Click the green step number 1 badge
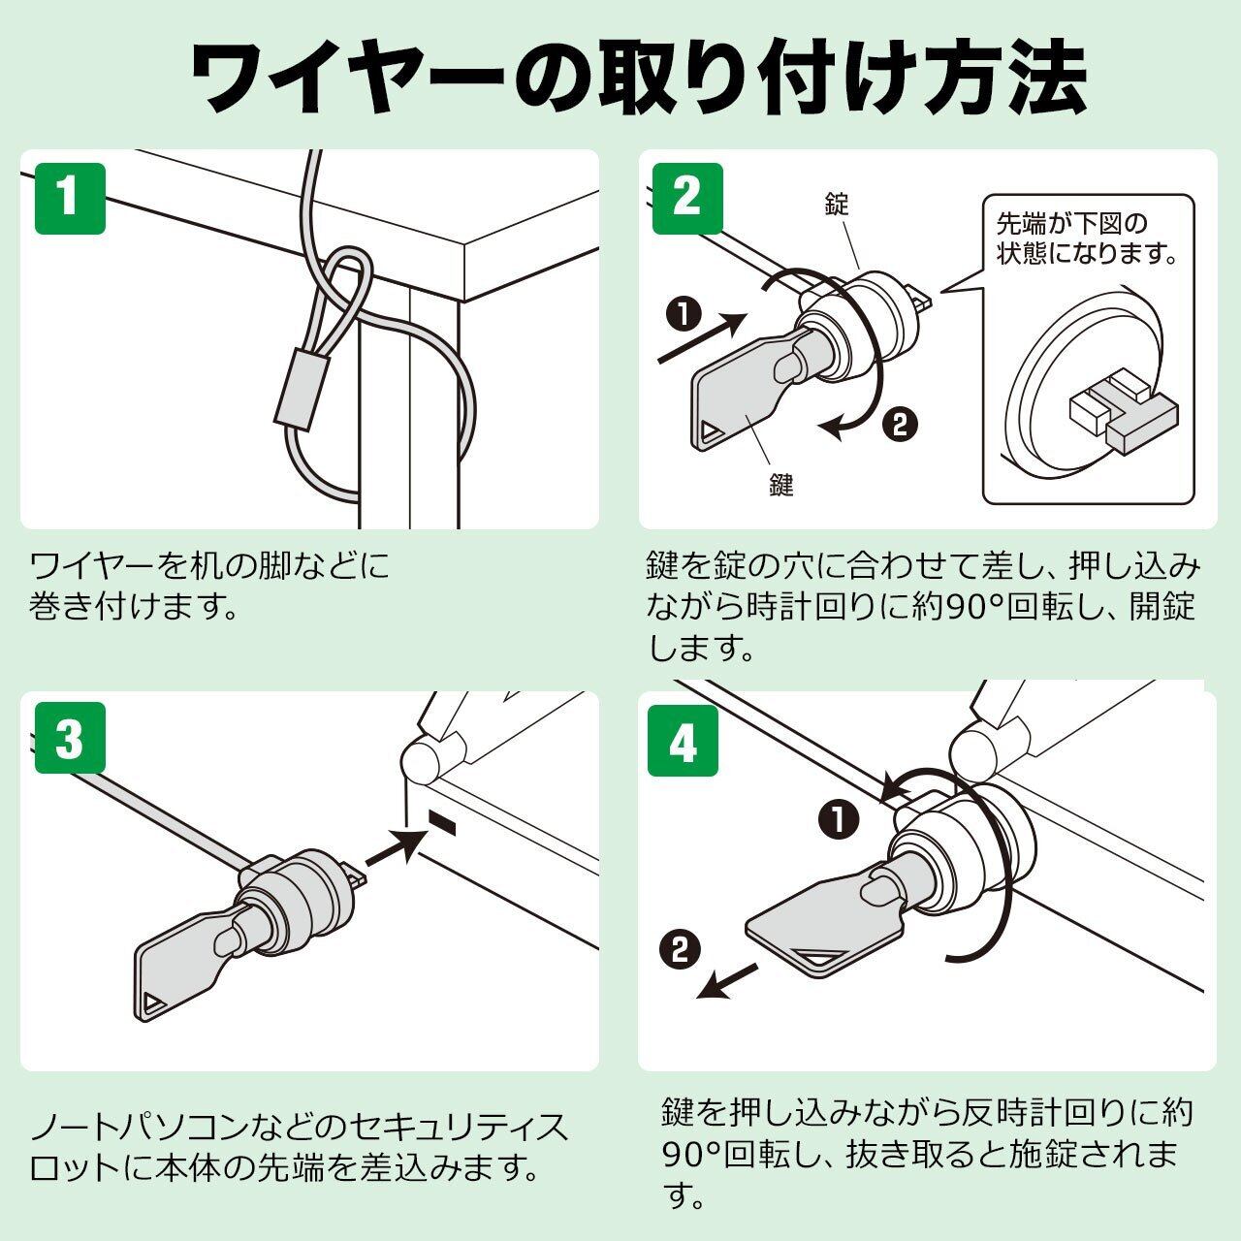coord(70,199)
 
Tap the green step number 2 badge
coord(687,199)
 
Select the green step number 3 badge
coord(70,738)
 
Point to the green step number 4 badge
coord(683,740)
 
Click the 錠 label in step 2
coord(837,204)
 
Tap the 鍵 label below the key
coord(781,485)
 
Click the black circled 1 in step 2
coord(684,314)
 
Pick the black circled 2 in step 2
coord(900,425)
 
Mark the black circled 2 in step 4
coord(680,950)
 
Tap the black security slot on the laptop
coord(443,823)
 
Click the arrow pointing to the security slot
coord(397,848)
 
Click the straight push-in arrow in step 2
coord(702,337)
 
